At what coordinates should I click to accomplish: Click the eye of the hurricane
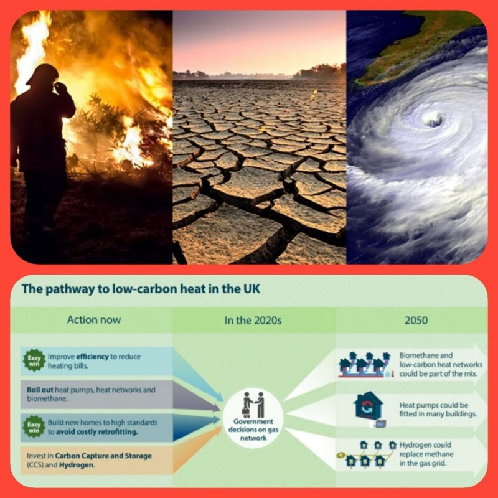pos(433,120)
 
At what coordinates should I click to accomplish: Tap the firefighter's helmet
pos(44,74)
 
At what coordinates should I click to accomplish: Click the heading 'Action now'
pos(94,320)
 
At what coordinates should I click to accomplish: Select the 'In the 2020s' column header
pos(253,320)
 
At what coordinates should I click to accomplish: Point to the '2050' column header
pos(416,320)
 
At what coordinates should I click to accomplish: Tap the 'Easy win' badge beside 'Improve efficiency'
pos(34,360)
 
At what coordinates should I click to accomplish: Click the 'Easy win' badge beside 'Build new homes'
pos(34,427)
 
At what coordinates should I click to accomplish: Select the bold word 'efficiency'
pos(92,357)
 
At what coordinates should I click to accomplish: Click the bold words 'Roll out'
pos(40,390)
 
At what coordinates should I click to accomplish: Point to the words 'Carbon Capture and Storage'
pos(103,456)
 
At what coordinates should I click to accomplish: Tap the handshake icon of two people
pos(253,405)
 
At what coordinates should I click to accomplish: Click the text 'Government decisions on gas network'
pos(253,430)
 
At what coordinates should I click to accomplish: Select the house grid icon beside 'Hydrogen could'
pos(367,454)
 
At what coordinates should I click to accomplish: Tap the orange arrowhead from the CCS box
pos(197,449)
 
